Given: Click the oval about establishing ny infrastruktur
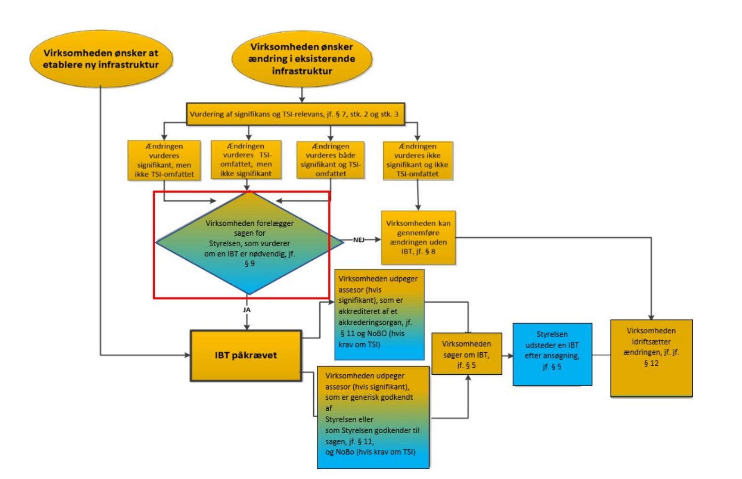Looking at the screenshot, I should click(101, 59).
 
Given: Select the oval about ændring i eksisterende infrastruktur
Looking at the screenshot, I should click(302, 59).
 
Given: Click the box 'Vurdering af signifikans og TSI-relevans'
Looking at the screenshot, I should click(295, 114).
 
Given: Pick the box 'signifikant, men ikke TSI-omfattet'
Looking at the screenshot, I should click(164, 160).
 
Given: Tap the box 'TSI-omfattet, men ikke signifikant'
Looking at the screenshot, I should click(246, 160).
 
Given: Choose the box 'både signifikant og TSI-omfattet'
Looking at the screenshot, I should click(330, 160).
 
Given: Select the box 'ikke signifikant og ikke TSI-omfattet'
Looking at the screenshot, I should click(417, 160).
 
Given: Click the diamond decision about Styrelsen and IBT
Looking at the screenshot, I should click(249, 243).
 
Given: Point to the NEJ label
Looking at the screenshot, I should click(359, 239).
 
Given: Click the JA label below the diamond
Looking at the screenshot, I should click(247, 310).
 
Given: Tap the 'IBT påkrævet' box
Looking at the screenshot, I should click(246, 355).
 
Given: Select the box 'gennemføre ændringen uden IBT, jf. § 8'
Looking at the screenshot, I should click(418, 237).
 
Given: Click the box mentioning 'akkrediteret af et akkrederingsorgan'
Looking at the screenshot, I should click(379, 314).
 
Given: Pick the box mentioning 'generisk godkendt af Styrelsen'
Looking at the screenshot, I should click(373, 417).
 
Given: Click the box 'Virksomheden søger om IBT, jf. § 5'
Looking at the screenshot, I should click(467, 354).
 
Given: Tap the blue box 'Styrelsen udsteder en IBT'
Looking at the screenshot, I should click(552, 354).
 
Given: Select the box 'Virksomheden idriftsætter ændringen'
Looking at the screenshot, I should click(651, 358).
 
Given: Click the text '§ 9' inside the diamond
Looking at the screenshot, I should click(250, 264).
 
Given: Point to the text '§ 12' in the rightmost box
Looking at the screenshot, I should click(651, 363).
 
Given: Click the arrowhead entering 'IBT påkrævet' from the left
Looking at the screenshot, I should click(187, 355).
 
